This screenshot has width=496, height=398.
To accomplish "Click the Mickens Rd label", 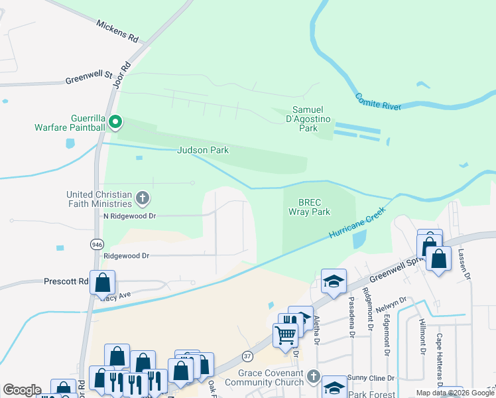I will pos(117,31).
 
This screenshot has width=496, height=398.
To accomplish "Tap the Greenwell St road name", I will pos(88,79).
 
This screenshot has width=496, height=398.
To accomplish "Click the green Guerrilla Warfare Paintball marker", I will pos(115,121).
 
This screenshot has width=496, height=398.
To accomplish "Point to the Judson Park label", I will pos(202,151).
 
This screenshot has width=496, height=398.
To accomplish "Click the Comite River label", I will pos(378,101).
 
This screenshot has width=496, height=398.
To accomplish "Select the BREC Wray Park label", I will pos(309,207).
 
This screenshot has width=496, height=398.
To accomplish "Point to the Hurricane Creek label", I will pos(357,225).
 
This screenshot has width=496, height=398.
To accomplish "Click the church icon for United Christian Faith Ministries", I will pos(142,198).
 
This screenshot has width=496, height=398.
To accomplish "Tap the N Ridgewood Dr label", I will pos(129,216).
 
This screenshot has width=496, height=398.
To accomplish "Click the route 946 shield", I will pos(96,244).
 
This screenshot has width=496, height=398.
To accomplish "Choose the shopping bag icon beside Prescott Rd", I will pos(102,282).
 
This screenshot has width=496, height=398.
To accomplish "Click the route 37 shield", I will pos(247,356).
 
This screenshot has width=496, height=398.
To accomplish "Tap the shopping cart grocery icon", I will pos(285,334).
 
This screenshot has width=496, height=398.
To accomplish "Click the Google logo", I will pos(22,390).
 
